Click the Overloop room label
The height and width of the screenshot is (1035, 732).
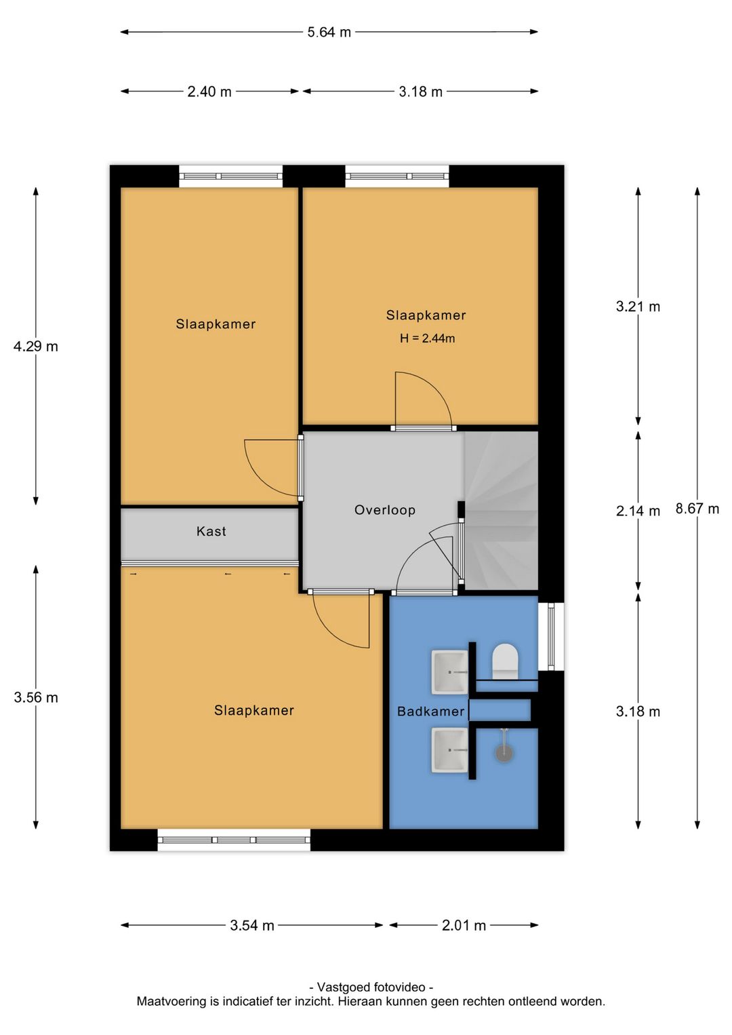tap(385, 510)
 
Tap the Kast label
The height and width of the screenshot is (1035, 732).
tap(211, 531)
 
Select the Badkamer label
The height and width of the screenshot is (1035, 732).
tap(430, 711)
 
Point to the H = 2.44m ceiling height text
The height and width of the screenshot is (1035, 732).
tap(427, 338)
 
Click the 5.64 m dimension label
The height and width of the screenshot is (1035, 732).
tap(329, 33)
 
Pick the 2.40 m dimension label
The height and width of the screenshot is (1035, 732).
tap(209, 92)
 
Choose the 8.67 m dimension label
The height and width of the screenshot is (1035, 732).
tap(697, 509)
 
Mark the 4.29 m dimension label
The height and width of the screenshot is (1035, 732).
tap(36, 346)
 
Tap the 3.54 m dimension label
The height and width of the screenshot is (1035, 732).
tap(252, 926)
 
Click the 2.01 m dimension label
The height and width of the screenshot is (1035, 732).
tap(464, 926)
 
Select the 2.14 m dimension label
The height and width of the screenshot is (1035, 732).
tap(638, 511)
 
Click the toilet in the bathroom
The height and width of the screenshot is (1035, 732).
tap(505, 661)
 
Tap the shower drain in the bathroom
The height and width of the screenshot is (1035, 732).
tap(504, 753)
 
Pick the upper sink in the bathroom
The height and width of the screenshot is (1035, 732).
tap(450, 672)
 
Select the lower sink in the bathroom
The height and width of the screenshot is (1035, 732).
tap(450, 750)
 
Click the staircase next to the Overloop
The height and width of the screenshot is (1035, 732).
tap(501, 511)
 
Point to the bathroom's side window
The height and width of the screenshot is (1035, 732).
tap(551, 636)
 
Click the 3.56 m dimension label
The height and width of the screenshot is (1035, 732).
tap(36, 697)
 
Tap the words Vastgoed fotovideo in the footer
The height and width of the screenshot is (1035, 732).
tap(371, 988)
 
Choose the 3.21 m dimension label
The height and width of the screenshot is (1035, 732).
tap(638, 307)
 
